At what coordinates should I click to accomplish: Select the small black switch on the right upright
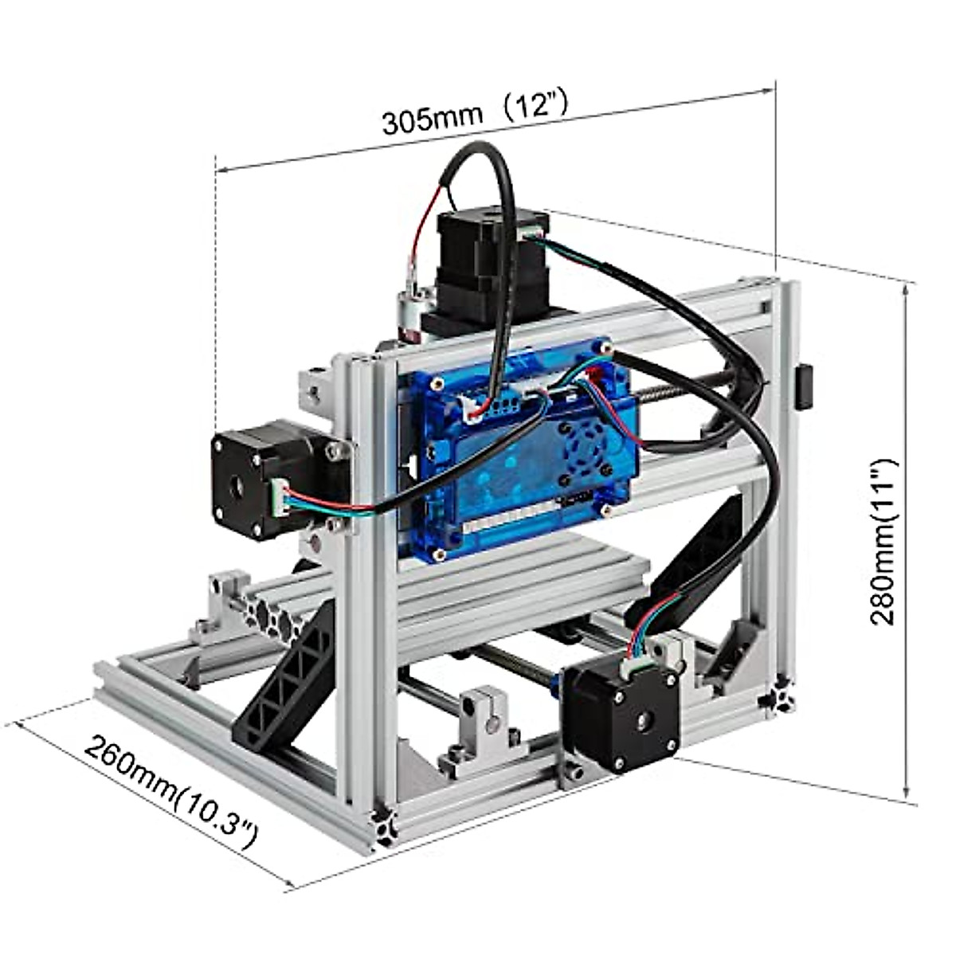click(x=805, y=387)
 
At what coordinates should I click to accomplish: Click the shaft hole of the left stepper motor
click(x=237, y=486)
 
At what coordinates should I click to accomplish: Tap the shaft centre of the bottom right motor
click(x=642, y=720)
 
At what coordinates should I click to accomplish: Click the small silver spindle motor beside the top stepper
click(x=414, y=315)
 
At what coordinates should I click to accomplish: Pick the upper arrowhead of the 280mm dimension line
click(x=906, y=288)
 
